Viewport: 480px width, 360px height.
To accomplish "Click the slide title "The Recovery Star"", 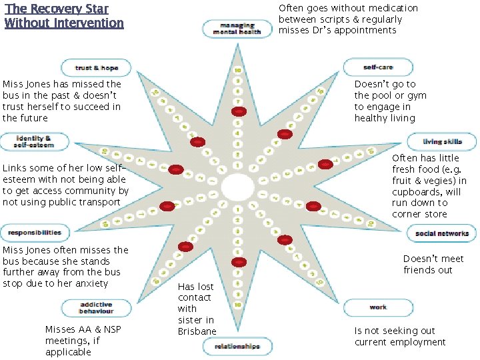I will [56, 9].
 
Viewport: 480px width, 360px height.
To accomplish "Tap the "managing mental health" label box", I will [237, 29].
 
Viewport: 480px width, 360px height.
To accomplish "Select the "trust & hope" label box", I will [97, 67].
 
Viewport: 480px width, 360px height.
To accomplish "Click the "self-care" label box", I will [378, 67].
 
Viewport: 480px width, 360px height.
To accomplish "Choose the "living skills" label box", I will [442, 142].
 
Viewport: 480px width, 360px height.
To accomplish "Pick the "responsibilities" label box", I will [35, 233].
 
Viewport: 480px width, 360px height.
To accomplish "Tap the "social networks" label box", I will [442, 233].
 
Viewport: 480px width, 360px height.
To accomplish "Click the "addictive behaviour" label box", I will [97, 307].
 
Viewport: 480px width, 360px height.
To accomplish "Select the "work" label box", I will [378, 307].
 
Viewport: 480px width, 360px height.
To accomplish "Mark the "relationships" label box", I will [237, 346].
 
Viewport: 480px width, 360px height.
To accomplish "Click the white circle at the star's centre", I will [238, 185].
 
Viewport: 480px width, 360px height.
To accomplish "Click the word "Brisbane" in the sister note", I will [197, 331].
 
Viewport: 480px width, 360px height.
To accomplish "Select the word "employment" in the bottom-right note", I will [419, 342].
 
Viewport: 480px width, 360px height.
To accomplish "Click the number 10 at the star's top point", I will [238, 70].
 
